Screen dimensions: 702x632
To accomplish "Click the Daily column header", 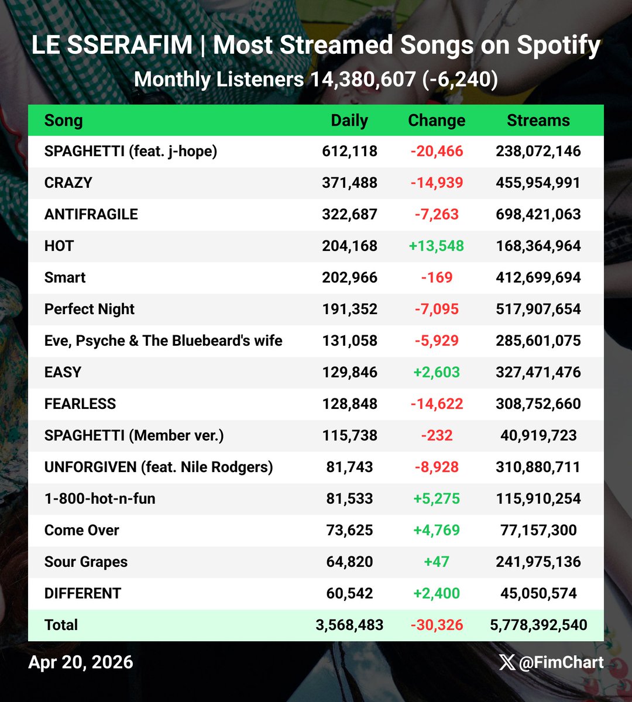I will tap(349, 121).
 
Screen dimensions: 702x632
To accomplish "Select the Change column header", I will tap(437, 121).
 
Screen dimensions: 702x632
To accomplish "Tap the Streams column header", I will tap(538, 121).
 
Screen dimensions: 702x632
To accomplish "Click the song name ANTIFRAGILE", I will tap(91, 214).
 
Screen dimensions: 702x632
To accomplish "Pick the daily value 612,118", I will tap(349, 152).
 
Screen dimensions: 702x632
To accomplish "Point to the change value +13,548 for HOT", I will tap(437, 246).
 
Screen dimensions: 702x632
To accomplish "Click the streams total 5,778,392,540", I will tap(538, 625).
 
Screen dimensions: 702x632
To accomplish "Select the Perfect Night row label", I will tap(90, 309).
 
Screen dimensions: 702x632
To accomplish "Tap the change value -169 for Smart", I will tap(437, 277).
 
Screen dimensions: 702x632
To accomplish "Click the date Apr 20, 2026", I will tap(81, 662).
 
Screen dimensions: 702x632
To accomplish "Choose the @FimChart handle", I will tap(561, 662).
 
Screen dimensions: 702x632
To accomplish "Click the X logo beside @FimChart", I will tap(507, 662).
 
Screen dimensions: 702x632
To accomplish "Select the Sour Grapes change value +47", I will tap(437, 562).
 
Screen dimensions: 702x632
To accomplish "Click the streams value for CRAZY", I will tap(538, 183).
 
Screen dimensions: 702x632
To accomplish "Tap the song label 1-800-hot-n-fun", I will tap(100, 498).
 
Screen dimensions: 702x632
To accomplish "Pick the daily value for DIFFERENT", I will tap(349, 593).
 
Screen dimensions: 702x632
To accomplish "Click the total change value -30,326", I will tap(437, 625).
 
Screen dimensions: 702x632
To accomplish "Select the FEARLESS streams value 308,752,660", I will tap(538, 404).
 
